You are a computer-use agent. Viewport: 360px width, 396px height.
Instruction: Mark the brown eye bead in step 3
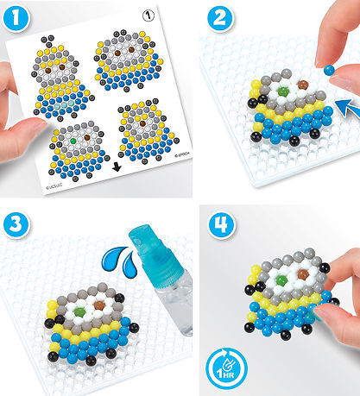coord(98,305)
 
